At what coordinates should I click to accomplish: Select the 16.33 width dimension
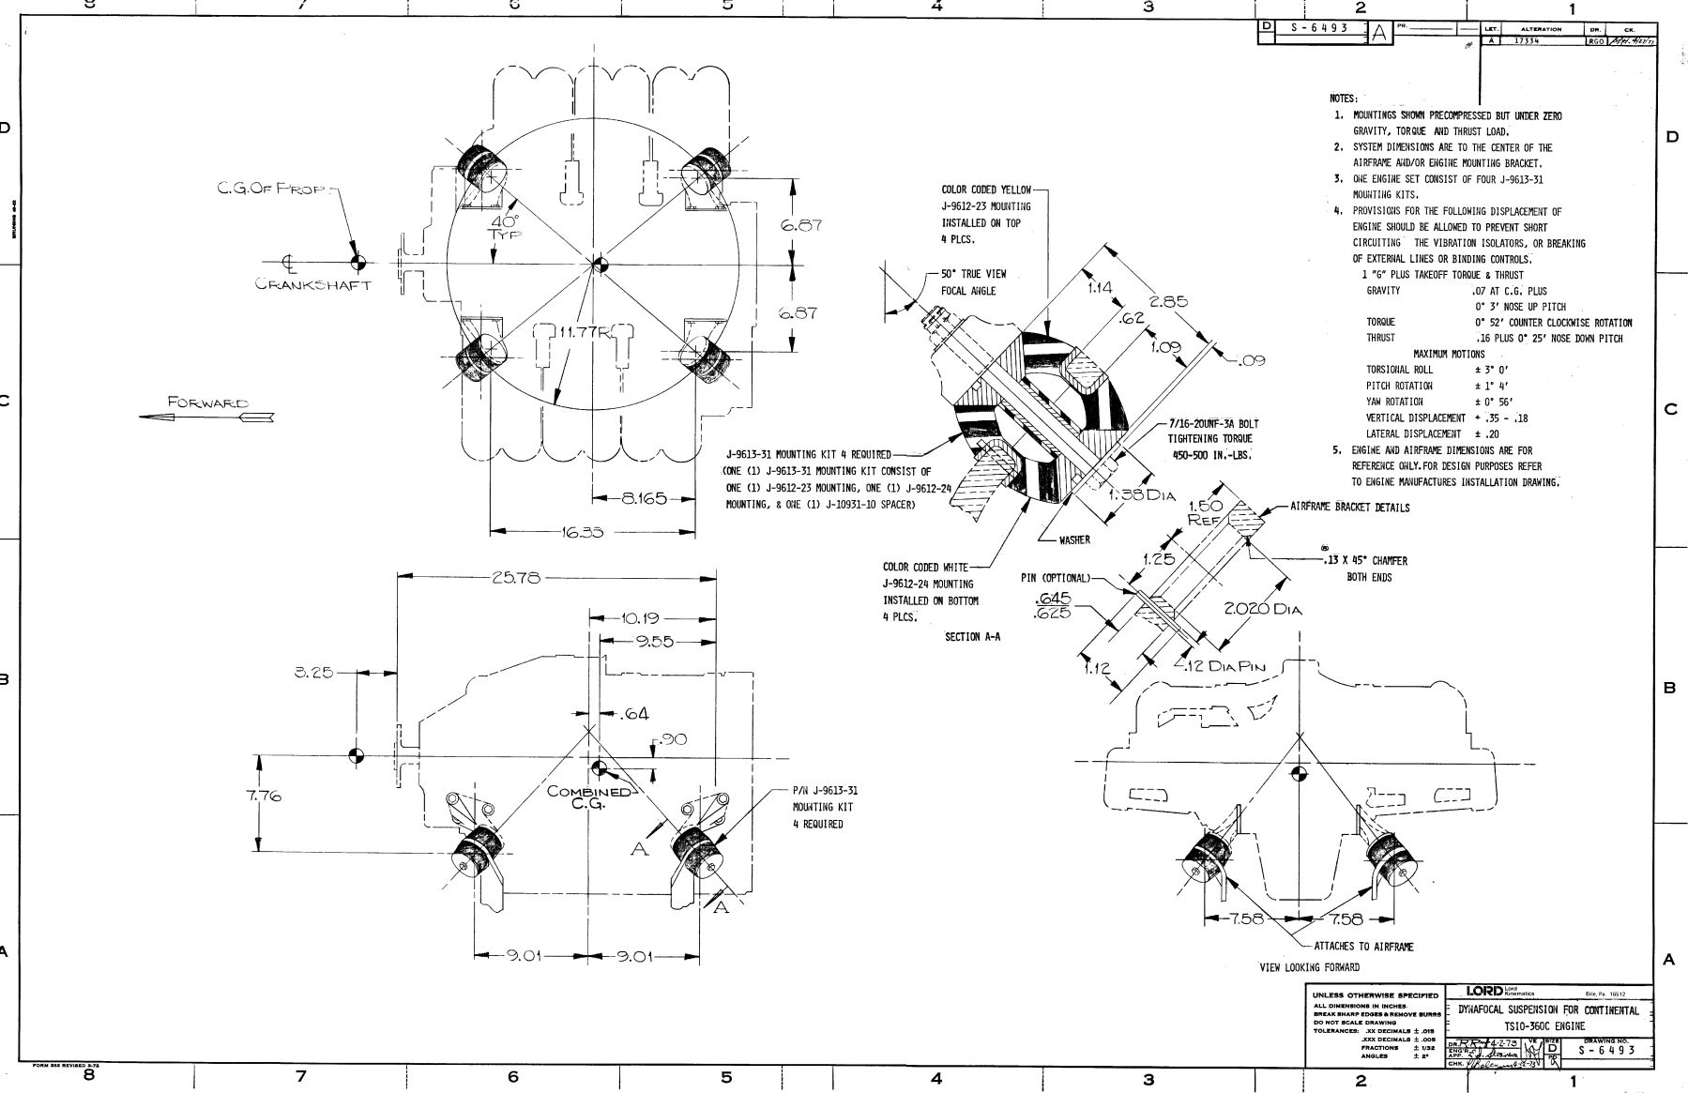tap(583, 532)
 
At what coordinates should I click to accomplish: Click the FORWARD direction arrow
tap(205, 413)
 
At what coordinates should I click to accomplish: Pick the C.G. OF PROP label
tap(270, 189)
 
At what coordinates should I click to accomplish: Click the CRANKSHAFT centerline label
tap(313, 284)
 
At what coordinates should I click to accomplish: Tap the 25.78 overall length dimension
tap(516, 577)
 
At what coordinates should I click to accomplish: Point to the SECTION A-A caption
tap(972, 636)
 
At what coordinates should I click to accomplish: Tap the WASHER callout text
tap(1074, 540)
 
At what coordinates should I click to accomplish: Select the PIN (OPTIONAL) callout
tap(1056, 578)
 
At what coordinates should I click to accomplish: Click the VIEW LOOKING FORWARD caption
tap(1308, 967)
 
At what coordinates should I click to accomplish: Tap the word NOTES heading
tap(1345, 98)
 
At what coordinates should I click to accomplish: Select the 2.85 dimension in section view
tap(1168, 302)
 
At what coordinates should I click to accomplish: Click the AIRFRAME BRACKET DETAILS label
tap(1349, 508)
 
